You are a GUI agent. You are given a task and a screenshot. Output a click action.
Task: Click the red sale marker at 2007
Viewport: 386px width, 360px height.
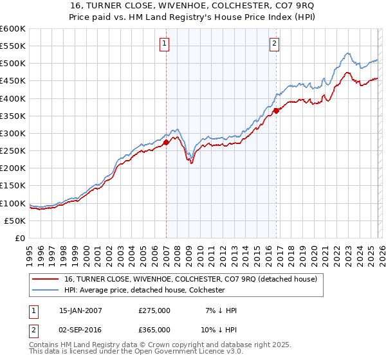click(x=166, y=142)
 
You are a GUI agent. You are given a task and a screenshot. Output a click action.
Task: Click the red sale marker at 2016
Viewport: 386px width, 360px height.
click(x=276, y=111)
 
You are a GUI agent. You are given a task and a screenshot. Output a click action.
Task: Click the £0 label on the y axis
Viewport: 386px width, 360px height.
click(x=19, y=238)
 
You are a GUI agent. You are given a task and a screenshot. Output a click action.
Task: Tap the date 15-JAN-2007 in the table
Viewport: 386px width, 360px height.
click(x=80, y=310)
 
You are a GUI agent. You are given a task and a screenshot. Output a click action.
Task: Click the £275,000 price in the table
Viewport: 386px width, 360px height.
click(x=154, y=310)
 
